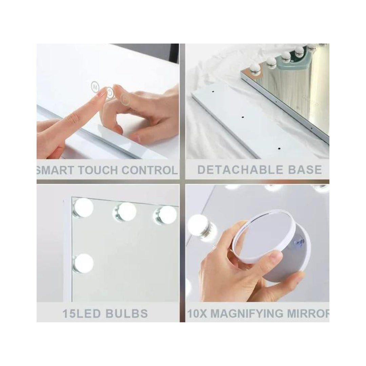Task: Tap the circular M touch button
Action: coord(95,87)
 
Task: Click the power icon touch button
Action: coord(110,93)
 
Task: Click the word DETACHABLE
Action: coord(240,170)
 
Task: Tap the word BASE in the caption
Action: coord(305,170)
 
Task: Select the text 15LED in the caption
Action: coord(82,313)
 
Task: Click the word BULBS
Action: coord(127,313)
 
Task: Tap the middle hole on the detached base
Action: coord(243,117)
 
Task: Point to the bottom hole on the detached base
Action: coord(279,148)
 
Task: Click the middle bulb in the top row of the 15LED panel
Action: coord(125,212)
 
